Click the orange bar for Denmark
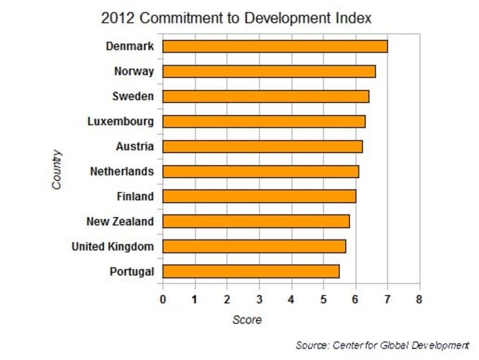tap(275, 46)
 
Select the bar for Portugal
tap(251, 271)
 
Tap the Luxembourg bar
tap(263, 121)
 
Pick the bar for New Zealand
tap(255, 222)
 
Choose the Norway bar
tap(269, 71)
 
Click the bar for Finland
tap(259, 196)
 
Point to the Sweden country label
tap(133, 96)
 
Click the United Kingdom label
tap(112, 247)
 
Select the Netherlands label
tap(122, 172)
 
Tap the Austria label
tap(134, 146)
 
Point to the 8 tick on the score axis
tap(419, 299)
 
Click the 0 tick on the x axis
tap(163, 299)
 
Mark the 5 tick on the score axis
tap(323, 299)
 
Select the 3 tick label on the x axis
tap(259, 299)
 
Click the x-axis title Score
tap(247, 320)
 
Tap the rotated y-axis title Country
tap(57, 170)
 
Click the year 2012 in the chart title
tap(114, 18)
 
